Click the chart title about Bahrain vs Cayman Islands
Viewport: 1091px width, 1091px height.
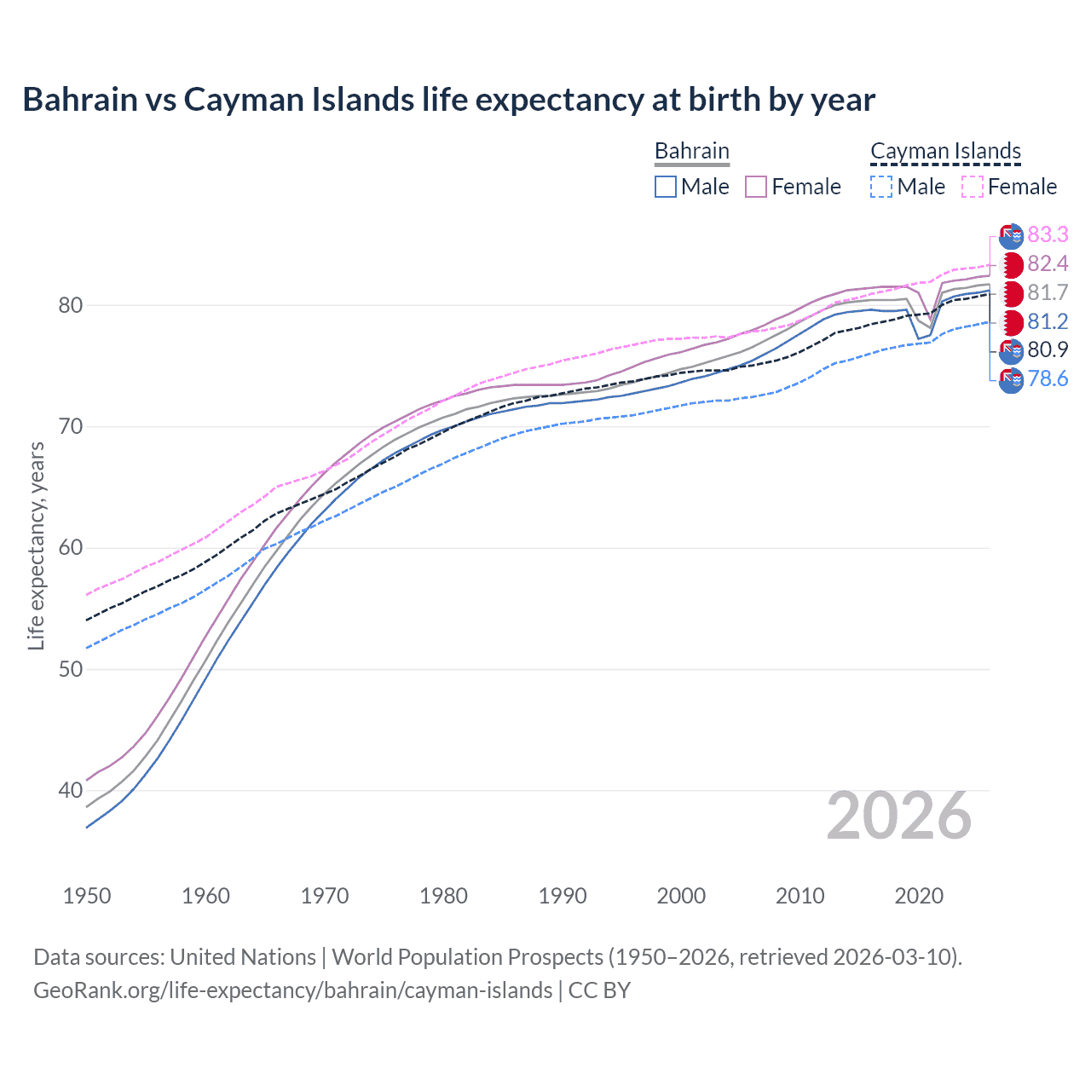448,100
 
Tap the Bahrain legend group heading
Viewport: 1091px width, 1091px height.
691,152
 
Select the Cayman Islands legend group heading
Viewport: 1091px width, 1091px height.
945,152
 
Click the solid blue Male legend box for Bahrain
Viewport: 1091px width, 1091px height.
666,187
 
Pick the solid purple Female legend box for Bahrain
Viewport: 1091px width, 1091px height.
756,187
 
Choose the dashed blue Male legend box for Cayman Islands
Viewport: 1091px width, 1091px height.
881,187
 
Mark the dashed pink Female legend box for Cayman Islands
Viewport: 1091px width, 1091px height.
973,187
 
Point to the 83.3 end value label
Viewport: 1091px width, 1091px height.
1048,235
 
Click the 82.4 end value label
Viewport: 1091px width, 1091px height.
1048,264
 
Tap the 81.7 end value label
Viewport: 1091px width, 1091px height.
1048,293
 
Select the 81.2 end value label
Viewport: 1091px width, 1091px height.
1048,321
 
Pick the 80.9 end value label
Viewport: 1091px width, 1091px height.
1048,350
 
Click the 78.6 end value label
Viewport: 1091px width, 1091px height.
1048,379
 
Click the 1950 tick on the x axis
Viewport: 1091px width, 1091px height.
87,896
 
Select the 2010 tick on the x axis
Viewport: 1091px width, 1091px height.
799,896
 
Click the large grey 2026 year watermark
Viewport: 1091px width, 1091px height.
898,817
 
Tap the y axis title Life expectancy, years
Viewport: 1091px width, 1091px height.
36,545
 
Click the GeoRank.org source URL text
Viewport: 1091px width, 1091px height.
292,990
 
